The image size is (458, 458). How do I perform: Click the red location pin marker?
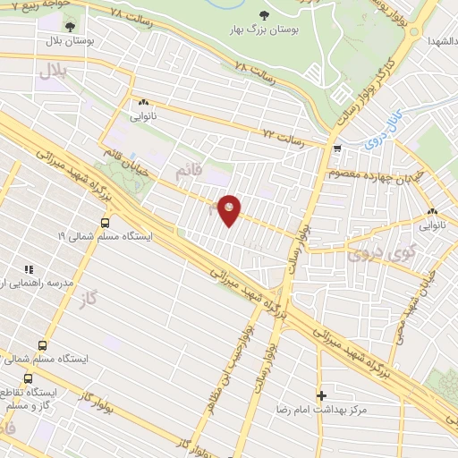pyautogui.click(x=229, y=209)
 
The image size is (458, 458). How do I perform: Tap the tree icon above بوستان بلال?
pyautogui.click(x=70, y=27)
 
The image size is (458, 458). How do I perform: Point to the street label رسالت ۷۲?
pyautogui.click(x=283, y=137)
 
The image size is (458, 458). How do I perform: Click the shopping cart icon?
pyautogui.click(x=336, y=149)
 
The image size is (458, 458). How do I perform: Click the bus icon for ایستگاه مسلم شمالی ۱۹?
pyautogui.click(x=106, y=223)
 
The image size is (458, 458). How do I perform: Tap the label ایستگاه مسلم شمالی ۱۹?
pyautogui.click(x=106, y=237)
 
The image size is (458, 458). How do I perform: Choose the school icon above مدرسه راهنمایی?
pyautogui.click(x=29, y=268)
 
